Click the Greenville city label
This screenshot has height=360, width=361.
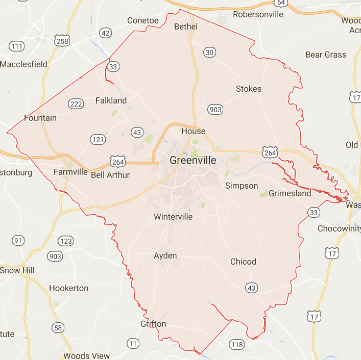(192, 160)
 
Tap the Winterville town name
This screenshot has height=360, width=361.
(174, 217)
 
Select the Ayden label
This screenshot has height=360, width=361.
(165, 255)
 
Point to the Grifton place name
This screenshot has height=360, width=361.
(153, 324)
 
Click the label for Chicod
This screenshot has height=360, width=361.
(243, 262)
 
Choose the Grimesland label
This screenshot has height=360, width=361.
(290, 194)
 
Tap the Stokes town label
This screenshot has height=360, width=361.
(249, 89)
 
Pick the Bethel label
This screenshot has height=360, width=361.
(186, 26)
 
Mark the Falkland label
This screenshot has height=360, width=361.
(111, 100)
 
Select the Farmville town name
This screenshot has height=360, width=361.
(70, 172)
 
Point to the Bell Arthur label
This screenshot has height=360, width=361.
(110, 175)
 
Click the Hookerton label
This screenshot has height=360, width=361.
(68, 288)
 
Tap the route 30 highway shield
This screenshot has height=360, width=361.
(209, 52)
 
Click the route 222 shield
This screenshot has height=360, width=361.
(76, 104)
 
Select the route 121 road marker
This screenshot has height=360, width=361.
(98, 139)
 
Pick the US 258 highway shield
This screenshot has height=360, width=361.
(61, 41)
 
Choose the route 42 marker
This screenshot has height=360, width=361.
(106, 33)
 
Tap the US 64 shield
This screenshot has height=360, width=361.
(280, 3)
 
